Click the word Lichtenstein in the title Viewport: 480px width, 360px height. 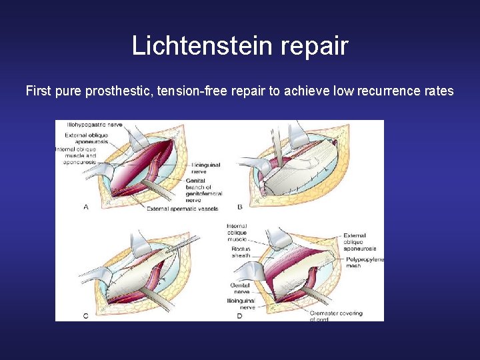(x=195, y=46)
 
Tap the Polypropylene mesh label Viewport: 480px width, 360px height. (x=365, y=263)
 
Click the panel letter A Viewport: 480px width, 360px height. (x=85, y=207)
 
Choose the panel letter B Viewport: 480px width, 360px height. (x=239, y=207)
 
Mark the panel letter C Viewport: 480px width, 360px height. (x=85, y=315)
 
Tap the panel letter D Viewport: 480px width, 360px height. (x=239, y=315)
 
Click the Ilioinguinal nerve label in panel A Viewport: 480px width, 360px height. (x=206, y=168)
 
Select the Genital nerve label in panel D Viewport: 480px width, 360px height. (x=240, y=288)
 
